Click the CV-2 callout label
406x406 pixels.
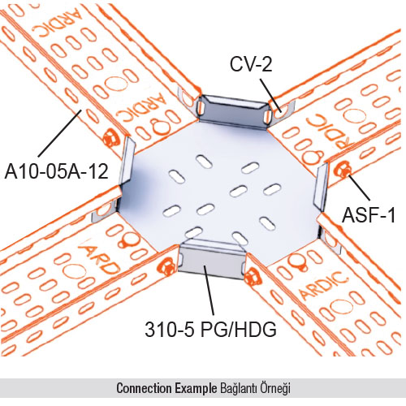click(251, 64)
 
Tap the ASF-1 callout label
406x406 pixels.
click(369, 215)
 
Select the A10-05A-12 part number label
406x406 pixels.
click(57, 171)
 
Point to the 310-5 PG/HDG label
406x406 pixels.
click(210, 329)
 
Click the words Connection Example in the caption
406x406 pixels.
click(166, 388)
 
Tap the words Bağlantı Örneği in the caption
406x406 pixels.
click(254, 388)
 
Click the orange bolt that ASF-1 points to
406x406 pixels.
click(343, 170)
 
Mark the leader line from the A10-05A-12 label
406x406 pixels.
click(59, 133)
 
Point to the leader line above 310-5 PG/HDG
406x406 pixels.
click(209, 290)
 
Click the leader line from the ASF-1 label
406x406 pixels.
click(359, 188)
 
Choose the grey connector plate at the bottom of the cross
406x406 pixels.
click(212, 260)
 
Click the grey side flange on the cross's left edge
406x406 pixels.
click(127, 161)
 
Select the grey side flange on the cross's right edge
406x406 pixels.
click(321, 187)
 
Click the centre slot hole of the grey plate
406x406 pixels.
click(238, 191)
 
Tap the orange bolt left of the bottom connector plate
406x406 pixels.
click(166, 266)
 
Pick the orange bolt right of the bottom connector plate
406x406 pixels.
click(253, 276)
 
